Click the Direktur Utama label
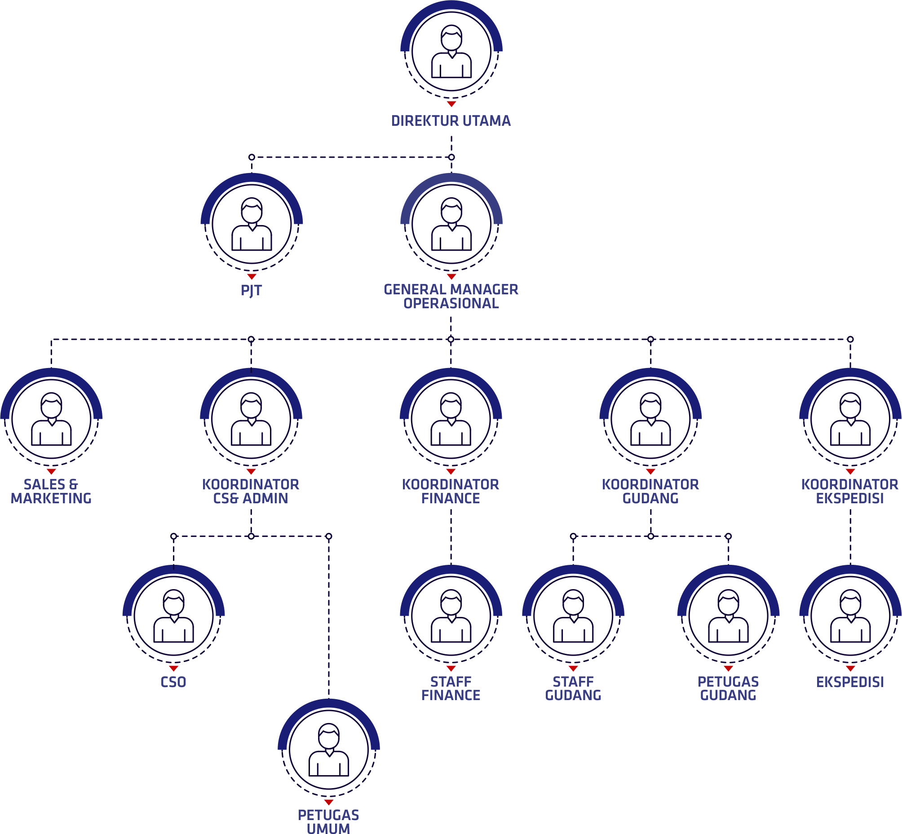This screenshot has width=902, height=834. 451,121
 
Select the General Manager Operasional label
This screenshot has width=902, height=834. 451,296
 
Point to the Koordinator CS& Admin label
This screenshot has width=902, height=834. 251,491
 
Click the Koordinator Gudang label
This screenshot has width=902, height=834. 650,491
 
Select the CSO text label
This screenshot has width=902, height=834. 174,682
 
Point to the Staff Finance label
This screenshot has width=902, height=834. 451,688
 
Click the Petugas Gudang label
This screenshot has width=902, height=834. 728,688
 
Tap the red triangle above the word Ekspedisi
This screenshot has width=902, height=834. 850,668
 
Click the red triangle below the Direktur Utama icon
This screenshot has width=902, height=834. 451,104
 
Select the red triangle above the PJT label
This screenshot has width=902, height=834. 252,276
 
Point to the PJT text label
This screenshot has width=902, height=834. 252,290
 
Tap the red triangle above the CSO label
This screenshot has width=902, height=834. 174,668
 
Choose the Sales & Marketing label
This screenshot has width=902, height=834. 52,491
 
